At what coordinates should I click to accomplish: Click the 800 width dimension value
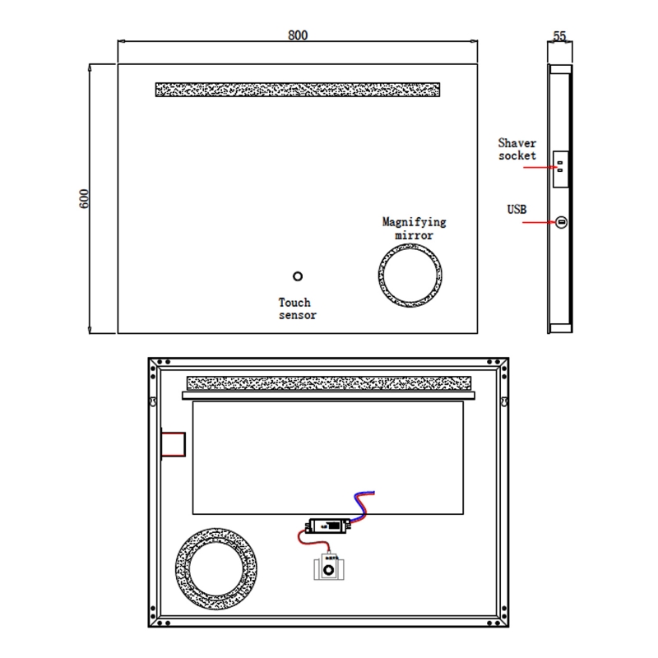(298, 35)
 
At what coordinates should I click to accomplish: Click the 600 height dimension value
(84, 198)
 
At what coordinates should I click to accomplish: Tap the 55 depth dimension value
(560, 36)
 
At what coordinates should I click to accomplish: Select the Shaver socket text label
(517, 149)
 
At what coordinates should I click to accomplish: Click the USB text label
(517, 210)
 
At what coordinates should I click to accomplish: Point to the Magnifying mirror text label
(414, 228)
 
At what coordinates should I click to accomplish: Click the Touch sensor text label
(297, 308)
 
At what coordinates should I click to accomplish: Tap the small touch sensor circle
(298, 277)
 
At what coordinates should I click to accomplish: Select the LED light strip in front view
(297, 89)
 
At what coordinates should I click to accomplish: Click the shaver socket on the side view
(561, 167)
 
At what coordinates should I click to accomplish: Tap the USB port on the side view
(562, 222)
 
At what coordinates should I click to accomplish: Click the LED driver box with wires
(328, 524)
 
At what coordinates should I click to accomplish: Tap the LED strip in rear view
(328, 383)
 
